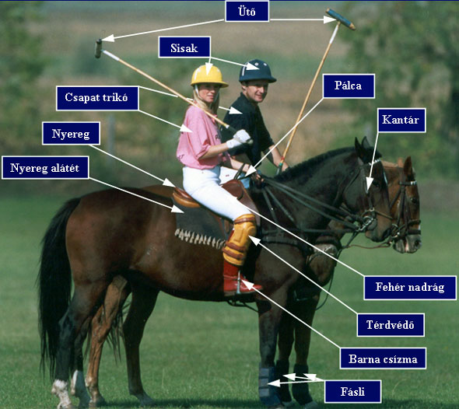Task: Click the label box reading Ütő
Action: pyautogui.click(x=247, y=11)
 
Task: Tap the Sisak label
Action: pyautogui.click(x=184, y=47)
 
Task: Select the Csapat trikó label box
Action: pyautogui.click(x=97, y=98)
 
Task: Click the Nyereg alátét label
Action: pyautogui.click(x=45, y=168)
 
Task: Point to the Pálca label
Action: pyautogui.click(x=349, y=86)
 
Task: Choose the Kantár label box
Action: pyautogui.click(x=401, y=120)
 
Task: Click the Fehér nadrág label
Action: pyautogui.click(x=410, y=288)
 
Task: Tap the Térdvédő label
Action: pyautogui.click(x=391, y=325)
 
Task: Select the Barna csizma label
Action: pyautogui.click(x=383, y=358)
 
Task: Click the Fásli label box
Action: pyautogui.click(x=352, y=391)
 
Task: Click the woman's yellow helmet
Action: pyautogui.click(x=209, y=76)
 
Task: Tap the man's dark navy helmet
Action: pyautogui.click(x=257, y=71)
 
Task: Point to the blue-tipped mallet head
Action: pyautogui.click(x=341, y=19)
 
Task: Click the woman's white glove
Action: pyautogui.click(x=239, y=139)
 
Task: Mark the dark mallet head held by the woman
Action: pyautogui.click(x=98, y=48)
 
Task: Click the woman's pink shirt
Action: pyautogui.click(x=199, y=138)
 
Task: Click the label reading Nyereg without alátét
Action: pyautogui.click(x=71, y=134)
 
